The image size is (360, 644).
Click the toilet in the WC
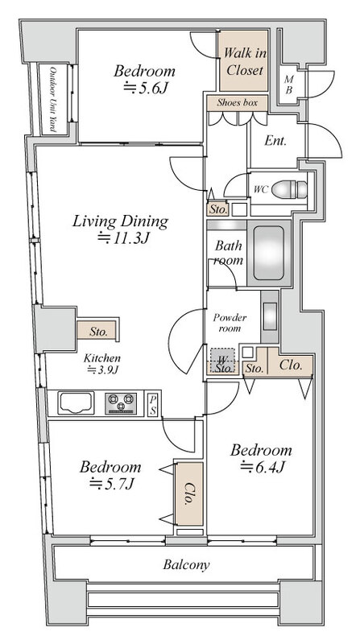[289, 189]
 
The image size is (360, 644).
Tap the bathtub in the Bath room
[269, 253]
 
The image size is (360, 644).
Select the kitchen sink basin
[76, 402]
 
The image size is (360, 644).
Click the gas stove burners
[121, 403]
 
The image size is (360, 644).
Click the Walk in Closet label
[244, 61]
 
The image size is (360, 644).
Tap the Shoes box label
[237, 103]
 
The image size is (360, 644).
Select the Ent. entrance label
[275, 140]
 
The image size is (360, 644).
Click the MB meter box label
[288, 85]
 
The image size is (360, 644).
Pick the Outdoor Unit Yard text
[53, 99]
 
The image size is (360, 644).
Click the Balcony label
[186, 564]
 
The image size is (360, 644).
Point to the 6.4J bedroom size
[263, 467]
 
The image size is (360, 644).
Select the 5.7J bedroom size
[112, 484]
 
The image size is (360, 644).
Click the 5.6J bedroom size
[146, 88]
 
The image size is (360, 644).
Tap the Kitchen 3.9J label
[102, 364]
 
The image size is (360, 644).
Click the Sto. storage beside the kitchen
[97, 330]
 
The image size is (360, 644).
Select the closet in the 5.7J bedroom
[189, 493]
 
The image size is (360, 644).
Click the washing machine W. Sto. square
[223, 360]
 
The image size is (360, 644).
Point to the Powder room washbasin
[270, 316]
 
